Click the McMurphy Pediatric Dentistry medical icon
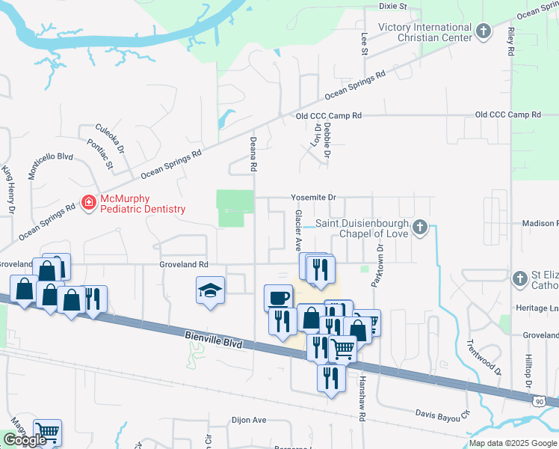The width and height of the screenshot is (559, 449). pos(88,202)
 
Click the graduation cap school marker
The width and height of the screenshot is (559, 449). pos(211,291)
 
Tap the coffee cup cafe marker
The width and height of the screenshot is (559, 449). pos(278,297)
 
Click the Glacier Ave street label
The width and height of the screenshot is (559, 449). pos(297,230)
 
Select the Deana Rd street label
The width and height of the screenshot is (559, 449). pos(254,153)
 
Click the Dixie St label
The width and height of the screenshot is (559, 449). pos(392,6)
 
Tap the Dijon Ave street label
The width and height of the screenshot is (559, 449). pos(249,420)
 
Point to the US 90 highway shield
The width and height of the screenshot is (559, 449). pos(538,402)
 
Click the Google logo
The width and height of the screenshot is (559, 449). pos(25,440)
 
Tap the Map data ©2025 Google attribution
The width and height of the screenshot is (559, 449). pos(512,443)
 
